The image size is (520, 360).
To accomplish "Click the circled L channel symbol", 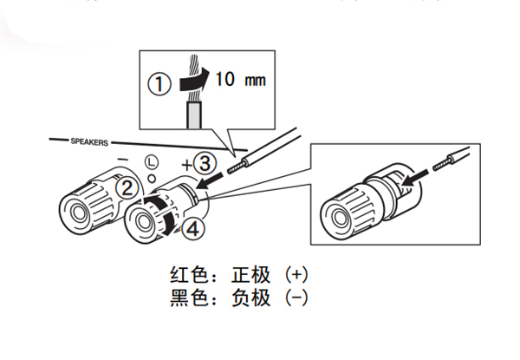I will click(151, 161).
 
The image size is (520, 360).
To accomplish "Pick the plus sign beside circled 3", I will click(185, 162).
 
